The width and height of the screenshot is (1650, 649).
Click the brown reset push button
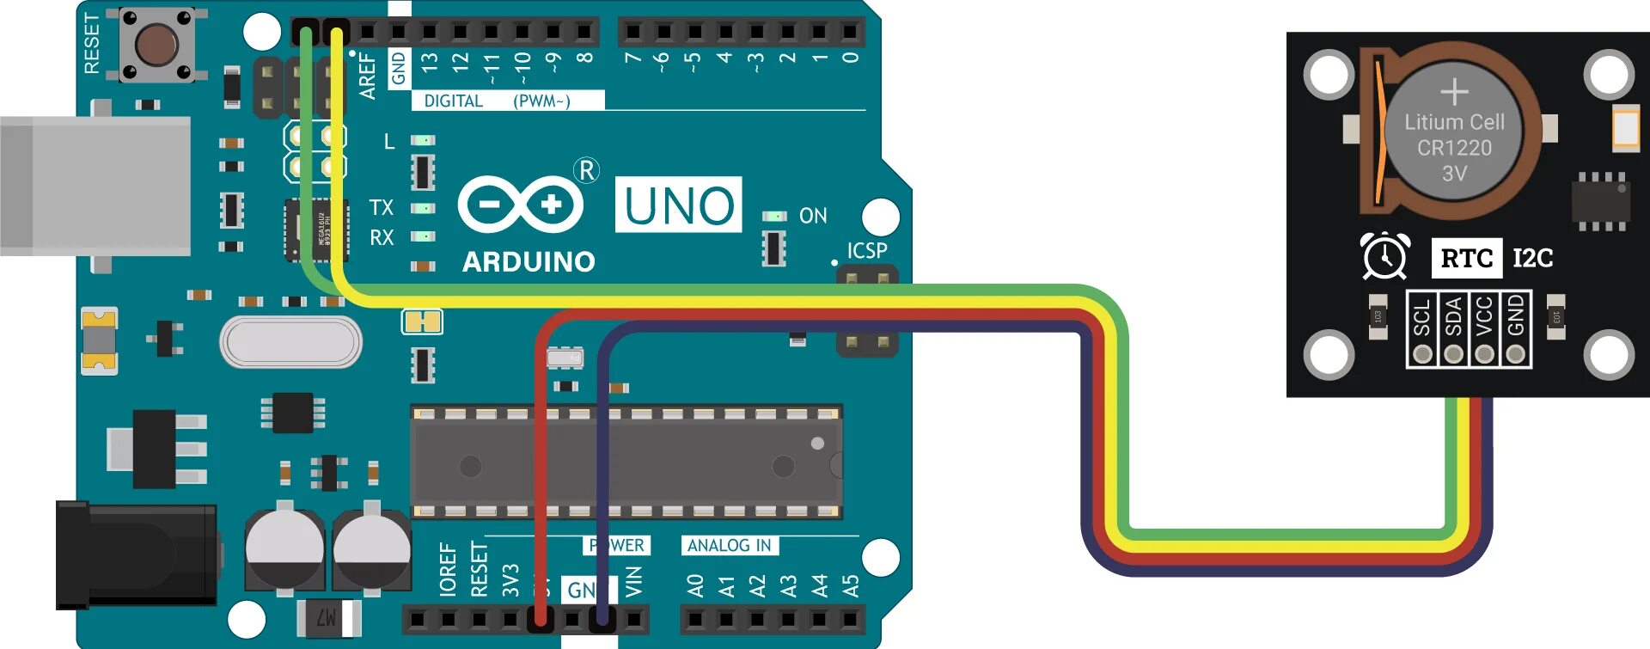click(157, 44)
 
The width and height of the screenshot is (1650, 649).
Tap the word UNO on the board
click(678, 205)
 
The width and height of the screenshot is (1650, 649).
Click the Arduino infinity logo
click(520, 205)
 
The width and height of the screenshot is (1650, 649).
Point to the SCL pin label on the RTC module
click(1422, 316)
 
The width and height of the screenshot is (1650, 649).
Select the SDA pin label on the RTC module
click(1453, 316)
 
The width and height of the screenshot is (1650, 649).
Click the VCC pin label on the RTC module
click(1484, 316)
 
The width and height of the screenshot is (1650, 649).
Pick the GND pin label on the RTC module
click(1516, 316)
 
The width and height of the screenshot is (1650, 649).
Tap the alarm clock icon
click(1384, 256)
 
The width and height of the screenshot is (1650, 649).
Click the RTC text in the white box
click(1466, 258)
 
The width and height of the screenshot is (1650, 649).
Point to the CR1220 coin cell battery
click(1454, 133)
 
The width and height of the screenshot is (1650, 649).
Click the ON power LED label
click(813, 216)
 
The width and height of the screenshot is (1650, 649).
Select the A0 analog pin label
click(695, 586)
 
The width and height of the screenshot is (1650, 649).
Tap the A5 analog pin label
click(850, 586)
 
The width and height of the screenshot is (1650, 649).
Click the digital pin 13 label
click(430, 62)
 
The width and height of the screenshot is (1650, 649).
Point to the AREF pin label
click(368, 76)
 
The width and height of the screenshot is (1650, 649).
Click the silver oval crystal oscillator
click(290, 341)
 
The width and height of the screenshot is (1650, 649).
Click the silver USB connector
click(95, 186)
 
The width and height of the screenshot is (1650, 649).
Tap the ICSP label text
click(866, 250)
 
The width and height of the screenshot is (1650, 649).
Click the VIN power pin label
click(633, 582)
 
